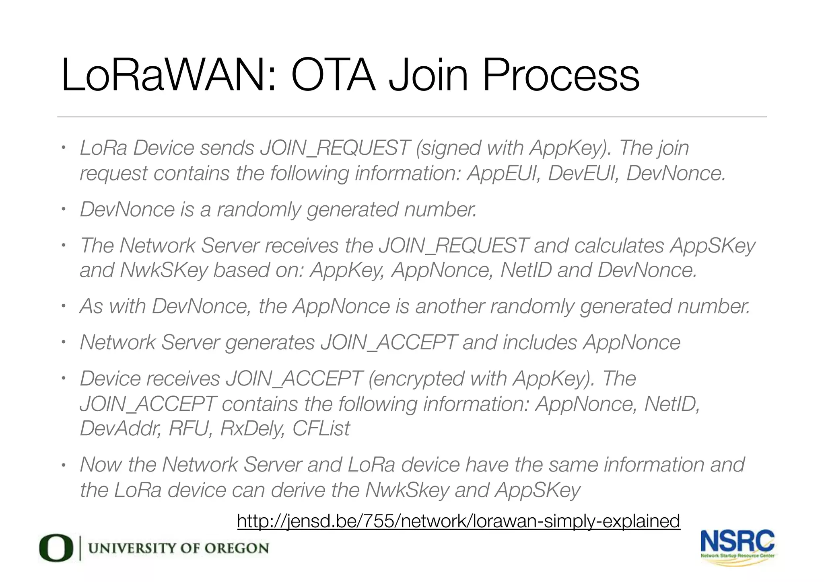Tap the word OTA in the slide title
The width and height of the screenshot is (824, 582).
point(333,76)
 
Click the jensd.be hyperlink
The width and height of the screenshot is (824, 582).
point(458,521)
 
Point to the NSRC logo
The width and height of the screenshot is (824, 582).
point(737,547)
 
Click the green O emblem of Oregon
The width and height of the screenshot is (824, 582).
point(56,547)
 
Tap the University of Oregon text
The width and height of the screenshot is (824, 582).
point(178,548)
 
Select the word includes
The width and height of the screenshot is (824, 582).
point(540,342)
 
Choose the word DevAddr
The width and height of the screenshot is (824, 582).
point(121,428)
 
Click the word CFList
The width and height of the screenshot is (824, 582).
point(321,428)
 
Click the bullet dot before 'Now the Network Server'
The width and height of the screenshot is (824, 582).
point(63,466)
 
